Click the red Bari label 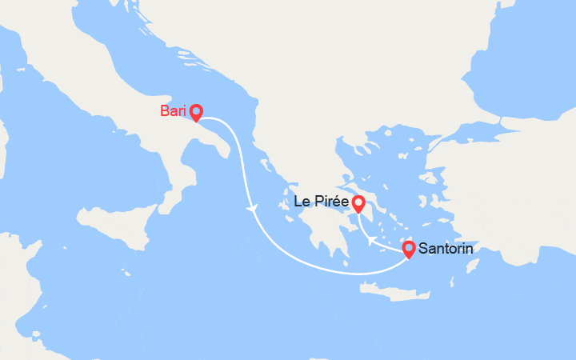coord(173,111)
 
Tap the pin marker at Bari coord(195,113)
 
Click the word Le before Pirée coord(303,202)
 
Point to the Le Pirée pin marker coord(358,204)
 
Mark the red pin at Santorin coord(408,249)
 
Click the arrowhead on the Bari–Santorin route coord(253,209)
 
